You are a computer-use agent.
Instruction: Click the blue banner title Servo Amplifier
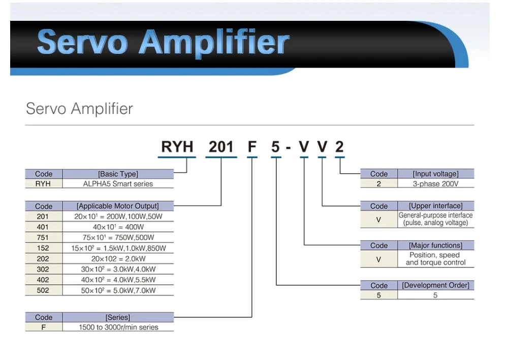tap(163, 43)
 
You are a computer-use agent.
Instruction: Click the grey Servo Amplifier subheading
tap(79, 108)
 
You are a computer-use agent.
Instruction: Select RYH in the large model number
tap(177, 147)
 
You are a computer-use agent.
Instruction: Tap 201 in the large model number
tap(221, 147)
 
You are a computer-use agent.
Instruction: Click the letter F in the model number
tap(252, 147)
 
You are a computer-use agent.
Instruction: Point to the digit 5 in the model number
tap(275, 147)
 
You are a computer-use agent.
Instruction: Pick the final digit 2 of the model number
tap(339, 147)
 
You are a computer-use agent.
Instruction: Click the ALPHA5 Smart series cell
tap(118, 184)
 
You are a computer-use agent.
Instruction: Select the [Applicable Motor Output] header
tap(118, 206)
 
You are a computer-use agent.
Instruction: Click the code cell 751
tap(43, 237)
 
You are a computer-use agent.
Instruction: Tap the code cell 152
tap(43, 248)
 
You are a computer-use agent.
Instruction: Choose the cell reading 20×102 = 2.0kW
tap(118, 259)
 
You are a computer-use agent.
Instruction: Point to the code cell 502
tap(43, 290)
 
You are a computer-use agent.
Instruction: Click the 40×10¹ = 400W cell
tap(118, 227)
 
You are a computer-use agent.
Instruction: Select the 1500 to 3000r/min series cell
tap(118, 327)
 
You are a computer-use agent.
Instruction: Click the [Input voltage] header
tap(435, 174)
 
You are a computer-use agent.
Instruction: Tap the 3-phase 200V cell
tap(435, 184)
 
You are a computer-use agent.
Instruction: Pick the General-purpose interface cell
tap(435, 219)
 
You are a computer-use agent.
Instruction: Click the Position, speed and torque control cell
tap(435, 259)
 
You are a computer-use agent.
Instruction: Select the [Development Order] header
tap(435, 285)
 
